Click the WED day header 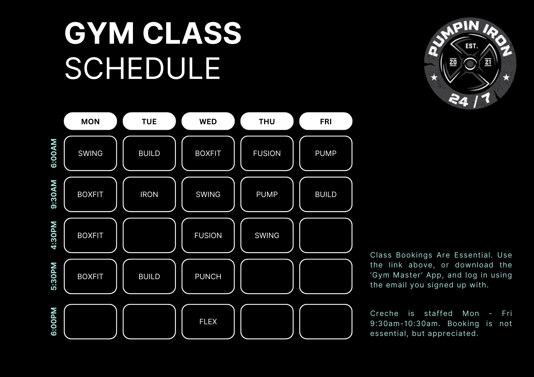click(208, 121)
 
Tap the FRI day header click(326, 121)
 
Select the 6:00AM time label click(54, 153)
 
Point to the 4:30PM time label click(54, 235)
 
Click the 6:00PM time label click(54, 322)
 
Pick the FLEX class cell click(208, 322)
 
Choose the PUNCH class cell click(208, 276)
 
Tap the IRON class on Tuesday click(149, 194)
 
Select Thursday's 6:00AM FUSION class click(267, 153)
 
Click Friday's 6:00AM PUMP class click(326, 153)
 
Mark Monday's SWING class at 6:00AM click(90, 153)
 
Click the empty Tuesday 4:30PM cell click(149, 235)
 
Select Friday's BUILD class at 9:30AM click(326, 194)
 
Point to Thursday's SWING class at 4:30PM click(267, 235)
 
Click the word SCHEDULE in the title click(143, 68)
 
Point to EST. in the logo click(472, 46)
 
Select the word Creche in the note click(384, 313)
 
